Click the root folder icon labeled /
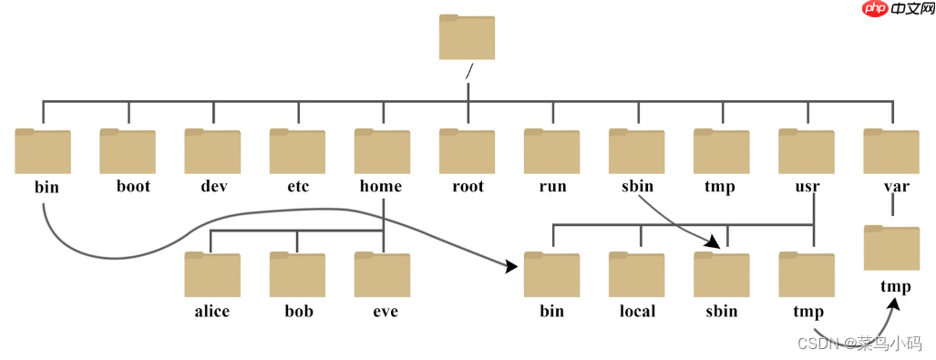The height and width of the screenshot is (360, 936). (x=467, y=38)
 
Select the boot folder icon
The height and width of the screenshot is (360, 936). (x=128, y=151)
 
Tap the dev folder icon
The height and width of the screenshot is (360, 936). (x=212, y=151)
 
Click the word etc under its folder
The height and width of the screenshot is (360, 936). (x=297, y=187)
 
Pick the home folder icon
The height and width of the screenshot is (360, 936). (x=382, y=151)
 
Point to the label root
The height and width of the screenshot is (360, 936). (x=468, y=187)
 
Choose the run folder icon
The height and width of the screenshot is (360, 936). (x=551, y=151)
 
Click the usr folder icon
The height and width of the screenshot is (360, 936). (x=807, y=151)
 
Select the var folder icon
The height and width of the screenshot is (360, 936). (x=891, y=151)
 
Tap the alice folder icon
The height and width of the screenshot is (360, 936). (x=212, y=275)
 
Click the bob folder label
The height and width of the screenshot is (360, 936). (x=298, y=312)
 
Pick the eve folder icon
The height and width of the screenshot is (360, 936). (x=382, y=275)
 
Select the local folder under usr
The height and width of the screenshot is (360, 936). (x=637, y=275)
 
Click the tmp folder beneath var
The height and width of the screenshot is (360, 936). (x=891, y=248)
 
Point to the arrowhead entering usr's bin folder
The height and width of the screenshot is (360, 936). (x=510, y=266)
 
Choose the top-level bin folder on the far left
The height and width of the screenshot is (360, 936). (x=43, y=151)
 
